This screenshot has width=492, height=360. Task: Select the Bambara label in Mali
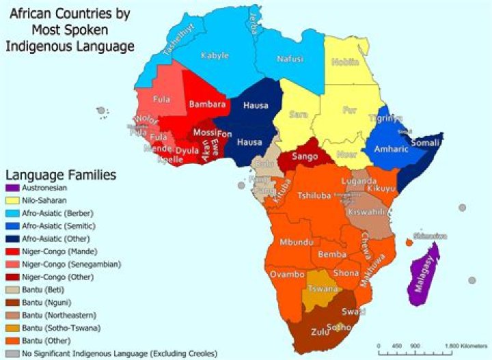coord(207,105)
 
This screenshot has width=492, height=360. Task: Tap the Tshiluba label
coord(314,196)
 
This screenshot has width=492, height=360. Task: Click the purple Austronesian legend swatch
coord(11,186)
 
